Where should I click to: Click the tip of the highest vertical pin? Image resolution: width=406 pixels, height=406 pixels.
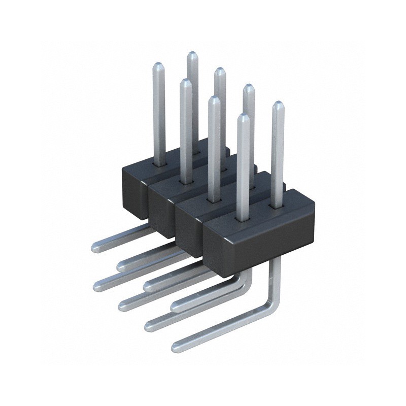click(x=192, y=54)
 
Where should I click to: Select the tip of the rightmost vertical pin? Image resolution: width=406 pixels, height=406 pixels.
click(x=278, y=105)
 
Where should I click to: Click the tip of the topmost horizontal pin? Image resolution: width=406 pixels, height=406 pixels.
click(x=95, y=247)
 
